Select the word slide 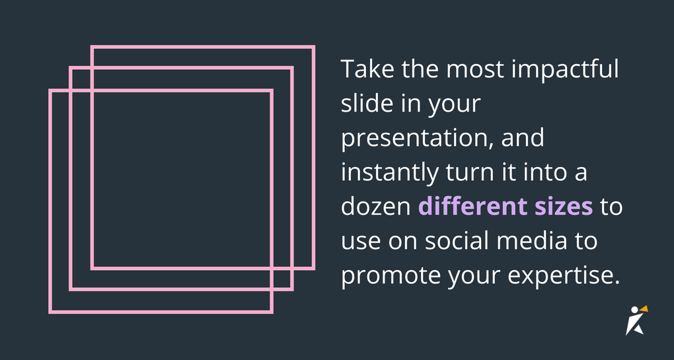(x=362, y=104)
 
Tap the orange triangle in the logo (x=644, y=308)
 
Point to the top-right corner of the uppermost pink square (x=313, y=47)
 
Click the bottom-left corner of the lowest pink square (x=50, y=311)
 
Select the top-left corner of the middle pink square (x=71, y=68)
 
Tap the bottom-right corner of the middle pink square (x=291, y=289)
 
